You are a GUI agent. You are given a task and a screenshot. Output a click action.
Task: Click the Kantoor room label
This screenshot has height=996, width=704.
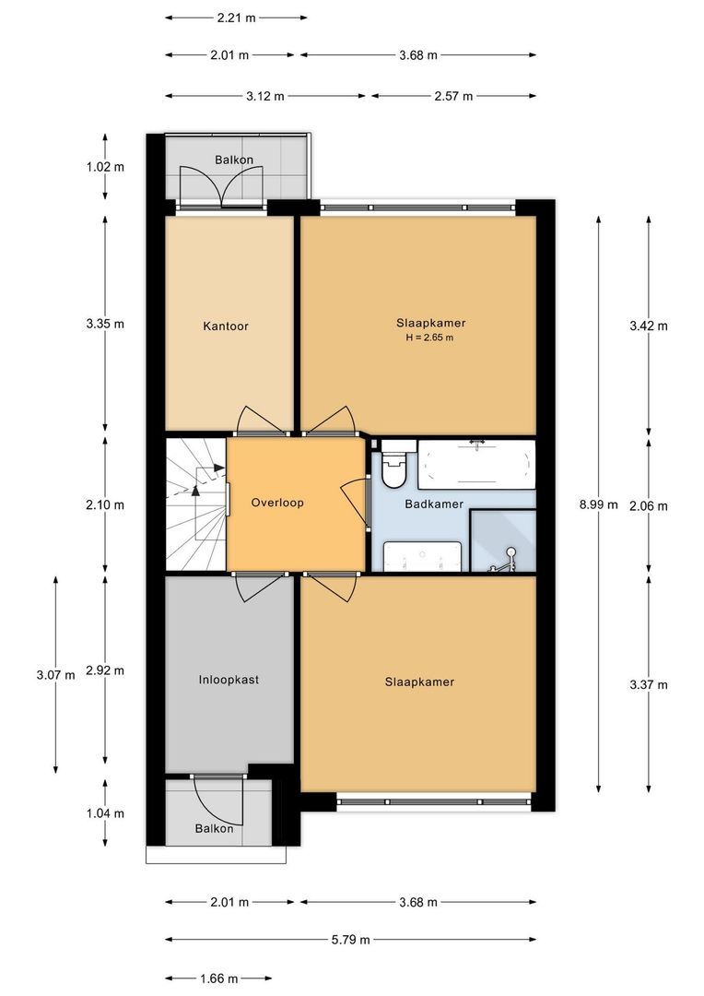(x=226, y=326)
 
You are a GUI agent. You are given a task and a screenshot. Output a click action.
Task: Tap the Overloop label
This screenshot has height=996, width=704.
(x=277, y=503)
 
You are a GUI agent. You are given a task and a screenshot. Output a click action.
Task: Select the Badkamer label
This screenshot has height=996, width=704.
(x=434, y=504)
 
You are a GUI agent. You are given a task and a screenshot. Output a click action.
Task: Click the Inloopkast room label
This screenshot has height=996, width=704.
(x=229, y=680)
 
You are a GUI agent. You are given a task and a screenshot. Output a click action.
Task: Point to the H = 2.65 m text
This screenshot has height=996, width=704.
(x=429, y=338)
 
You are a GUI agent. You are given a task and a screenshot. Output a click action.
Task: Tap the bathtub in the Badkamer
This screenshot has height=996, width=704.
(x=476, y=464)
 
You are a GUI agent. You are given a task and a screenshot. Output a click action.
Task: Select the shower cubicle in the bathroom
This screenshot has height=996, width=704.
(x=503, y=540)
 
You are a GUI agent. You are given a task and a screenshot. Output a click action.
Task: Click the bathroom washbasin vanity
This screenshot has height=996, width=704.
(x=422, y=556)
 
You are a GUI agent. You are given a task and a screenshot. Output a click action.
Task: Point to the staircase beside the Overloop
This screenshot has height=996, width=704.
(x=195, y=504)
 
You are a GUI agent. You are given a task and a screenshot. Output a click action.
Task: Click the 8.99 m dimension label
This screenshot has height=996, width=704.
(x=598, y=505)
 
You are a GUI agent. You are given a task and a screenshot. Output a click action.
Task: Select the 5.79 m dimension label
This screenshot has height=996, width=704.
(x=350, y=940)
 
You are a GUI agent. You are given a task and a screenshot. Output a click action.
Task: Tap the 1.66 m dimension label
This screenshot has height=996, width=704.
(x=219, y=978)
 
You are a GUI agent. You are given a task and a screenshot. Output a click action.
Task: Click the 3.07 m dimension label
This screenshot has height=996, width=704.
(x=56, y=674)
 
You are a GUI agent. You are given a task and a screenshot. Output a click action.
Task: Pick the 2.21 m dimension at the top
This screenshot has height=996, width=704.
(x=236, y=18)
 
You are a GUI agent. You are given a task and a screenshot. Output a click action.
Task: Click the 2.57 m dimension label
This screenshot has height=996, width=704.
(x=453, y=97)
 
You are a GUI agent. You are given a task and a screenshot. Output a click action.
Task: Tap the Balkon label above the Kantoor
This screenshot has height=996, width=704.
(x=234, y=160)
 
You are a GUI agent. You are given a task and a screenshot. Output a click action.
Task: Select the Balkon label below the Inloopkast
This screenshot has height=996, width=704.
(x=214, y=828)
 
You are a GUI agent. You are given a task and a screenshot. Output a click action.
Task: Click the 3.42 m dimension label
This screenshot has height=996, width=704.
(x=648, y=326)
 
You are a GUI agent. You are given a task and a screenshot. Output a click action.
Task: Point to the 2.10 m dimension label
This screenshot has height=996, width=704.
(x=105, y=505)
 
